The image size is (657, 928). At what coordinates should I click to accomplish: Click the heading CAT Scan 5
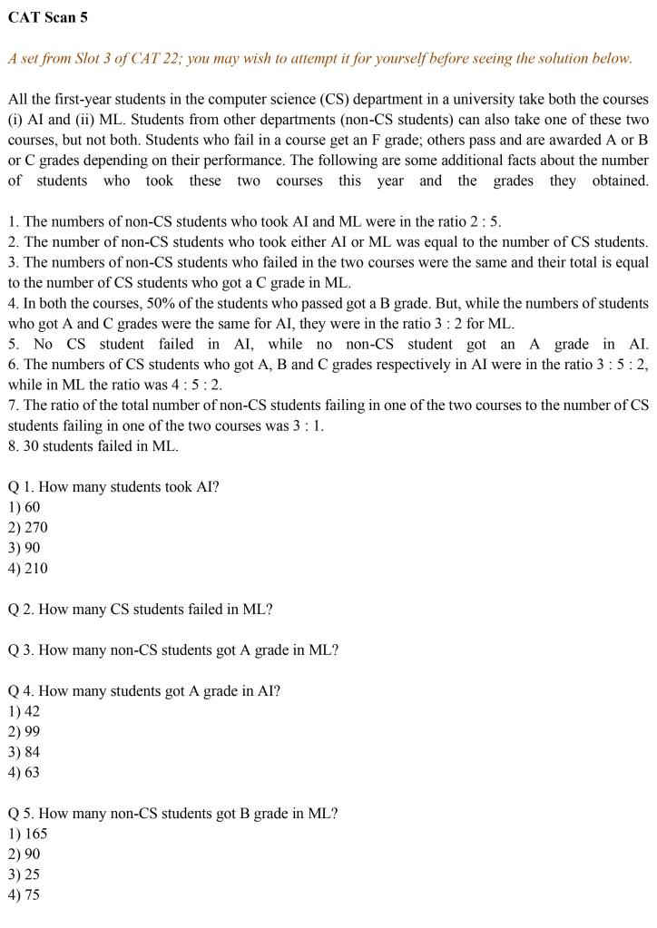[48, 17]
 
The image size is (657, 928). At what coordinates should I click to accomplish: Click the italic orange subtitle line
[319, 58]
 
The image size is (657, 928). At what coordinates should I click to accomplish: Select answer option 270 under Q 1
[29, 527]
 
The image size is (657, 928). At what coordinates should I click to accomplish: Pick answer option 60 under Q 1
[25, 507]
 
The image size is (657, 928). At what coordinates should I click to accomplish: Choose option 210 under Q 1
[29, 568]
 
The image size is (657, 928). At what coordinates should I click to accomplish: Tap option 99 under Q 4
[25, 731]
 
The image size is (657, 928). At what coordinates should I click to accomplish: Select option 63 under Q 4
[25, 772]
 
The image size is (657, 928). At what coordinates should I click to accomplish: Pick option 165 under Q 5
[29, 834]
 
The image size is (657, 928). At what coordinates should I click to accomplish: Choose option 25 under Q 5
[25, 874]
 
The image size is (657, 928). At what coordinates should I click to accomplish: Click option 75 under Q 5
[25, 894]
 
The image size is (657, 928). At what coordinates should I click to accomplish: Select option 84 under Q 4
[25, 752]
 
